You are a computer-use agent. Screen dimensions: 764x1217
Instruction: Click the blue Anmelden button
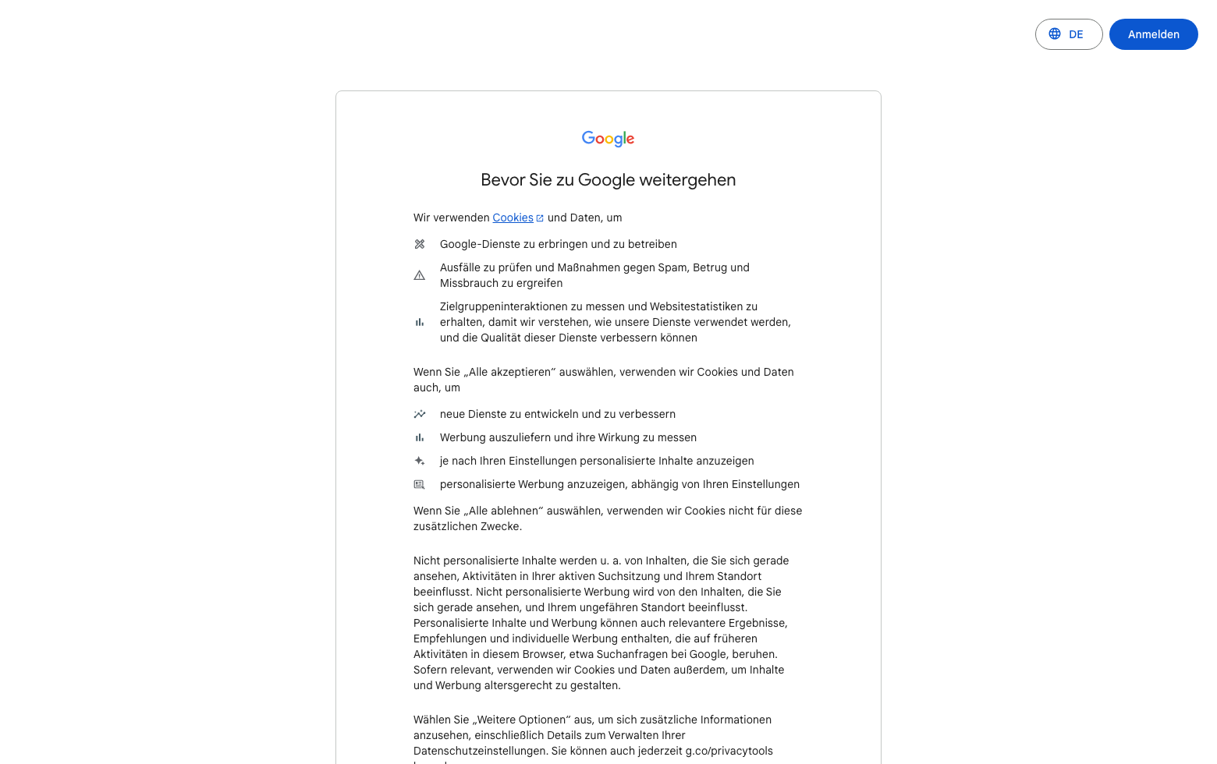point(1153,34)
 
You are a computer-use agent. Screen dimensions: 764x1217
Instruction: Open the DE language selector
point(1069,34)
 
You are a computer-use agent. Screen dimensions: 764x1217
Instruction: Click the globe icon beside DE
point(1055,34)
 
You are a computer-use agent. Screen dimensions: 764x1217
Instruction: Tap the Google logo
point(608,139)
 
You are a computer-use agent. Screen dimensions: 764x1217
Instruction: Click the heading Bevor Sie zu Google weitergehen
point(608,180)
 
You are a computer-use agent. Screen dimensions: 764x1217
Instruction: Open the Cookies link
point(513,218)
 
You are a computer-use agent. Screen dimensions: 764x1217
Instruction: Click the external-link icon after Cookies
point(540,218)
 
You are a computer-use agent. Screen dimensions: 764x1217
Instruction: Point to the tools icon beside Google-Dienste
point(420,244)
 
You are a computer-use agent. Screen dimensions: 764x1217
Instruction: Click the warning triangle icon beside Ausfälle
point(420,275)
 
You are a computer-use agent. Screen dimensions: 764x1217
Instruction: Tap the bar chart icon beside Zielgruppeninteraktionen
point(420,322)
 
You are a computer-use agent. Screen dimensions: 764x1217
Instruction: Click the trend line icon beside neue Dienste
point(420,414)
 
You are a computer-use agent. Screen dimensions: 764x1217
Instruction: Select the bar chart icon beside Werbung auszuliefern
point(420,437)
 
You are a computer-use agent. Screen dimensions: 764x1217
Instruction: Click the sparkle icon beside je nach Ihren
point(420,461)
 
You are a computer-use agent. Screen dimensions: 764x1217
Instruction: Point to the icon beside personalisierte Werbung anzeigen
point(420,484)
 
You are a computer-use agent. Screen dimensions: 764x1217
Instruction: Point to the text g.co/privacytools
point(729,751)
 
